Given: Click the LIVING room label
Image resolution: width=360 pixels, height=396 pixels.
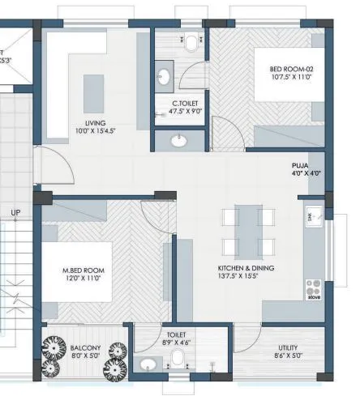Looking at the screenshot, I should [96, 122].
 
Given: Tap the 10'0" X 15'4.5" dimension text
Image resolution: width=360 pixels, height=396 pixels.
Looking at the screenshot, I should [96, 131].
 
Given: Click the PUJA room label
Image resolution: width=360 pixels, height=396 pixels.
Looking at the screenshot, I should [300, 165].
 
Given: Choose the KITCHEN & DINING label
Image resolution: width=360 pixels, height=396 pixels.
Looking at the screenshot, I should [246, 268].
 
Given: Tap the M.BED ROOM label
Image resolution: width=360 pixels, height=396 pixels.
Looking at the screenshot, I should [84, 270].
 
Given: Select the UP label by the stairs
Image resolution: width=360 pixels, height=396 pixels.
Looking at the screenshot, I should [15, 213].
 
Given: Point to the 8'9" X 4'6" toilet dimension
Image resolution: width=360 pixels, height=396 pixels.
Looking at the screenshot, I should [176, 343].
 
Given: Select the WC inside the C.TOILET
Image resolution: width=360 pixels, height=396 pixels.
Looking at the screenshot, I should [190, 40].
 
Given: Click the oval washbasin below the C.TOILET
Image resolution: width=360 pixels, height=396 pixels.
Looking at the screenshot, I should [178, 142].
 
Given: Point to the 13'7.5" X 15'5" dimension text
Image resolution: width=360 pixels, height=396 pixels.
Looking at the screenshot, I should [246, 277].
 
